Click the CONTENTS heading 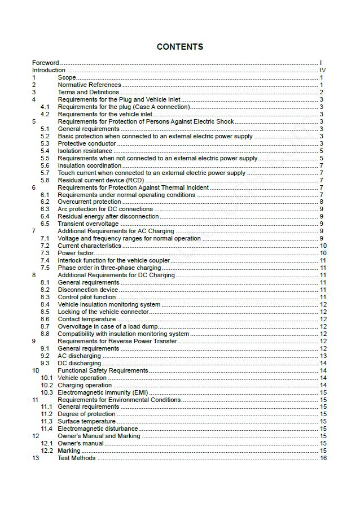click(x=180, y=47)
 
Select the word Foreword click(x=45, y=63)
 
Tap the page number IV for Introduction click(x=323, y=70)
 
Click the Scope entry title click(x=67, y=77)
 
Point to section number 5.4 click(x=45, y=151)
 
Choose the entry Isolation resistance click(x=85, y=151)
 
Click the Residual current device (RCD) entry click(x=93, y=180)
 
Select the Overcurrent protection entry click(x=89, y=202)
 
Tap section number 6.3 click(x=45, y=209)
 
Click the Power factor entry click(x=76, y=253)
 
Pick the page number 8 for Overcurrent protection click(x=322, y=202)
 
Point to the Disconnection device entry click(x=87, y=290)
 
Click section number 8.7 click(x=45, y=326)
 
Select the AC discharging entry click(x=79, y=356)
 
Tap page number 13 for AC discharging click(x=323, y=356)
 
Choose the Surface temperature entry click(x=86, y=421)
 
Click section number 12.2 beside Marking click(x=47, y=451)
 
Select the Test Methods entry click(x=76, y=458)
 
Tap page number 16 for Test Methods click(x=323, y=458)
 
